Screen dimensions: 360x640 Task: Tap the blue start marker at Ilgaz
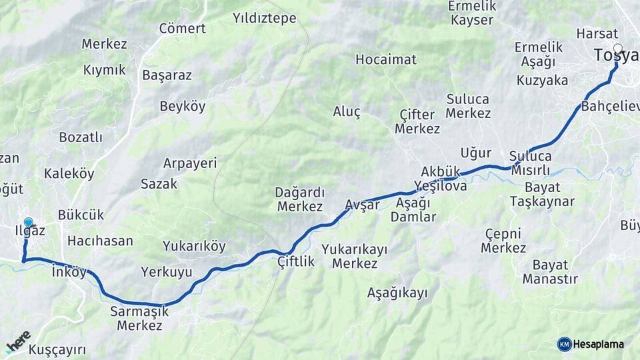click(28, 223)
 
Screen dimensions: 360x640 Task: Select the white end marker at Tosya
click(618, 49)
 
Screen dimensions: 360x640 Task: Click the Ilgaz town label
click(30, 231)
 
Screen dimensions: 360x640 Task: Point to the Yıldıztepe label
click(265, 18)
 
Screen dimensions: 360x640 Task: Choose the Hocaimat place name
click(386, 59)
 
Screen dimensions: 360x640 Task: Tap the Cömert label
click(182, 29)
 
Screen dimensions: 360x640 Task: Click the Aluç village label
click(347, 111)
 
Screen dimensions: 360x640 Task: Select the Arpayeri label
click(190, 163)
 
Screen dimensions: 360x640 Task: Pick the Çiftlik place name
click(296, 262)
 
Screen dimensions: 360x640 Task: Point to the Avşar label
click(363, 205)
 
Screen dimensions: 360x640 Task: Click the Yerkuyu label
click(167, 272)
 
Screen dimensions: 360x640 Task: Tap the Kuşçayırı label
click(57, 350)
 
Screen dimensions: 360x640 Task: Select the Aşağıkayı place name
click(397, 293)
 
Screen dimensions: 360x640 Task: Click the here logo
click(18, 342)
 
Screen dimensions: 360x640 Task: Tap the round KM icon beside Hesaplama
click(565, 344)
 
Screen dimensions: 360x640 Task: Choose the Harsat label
click(593, 33)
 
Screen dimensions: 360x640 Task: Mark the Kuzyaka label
click(542, 81)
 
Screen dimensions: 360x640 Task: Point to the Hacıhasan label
click(100, 241)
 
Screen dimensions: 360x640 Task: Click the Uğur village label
click(476, 153)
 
